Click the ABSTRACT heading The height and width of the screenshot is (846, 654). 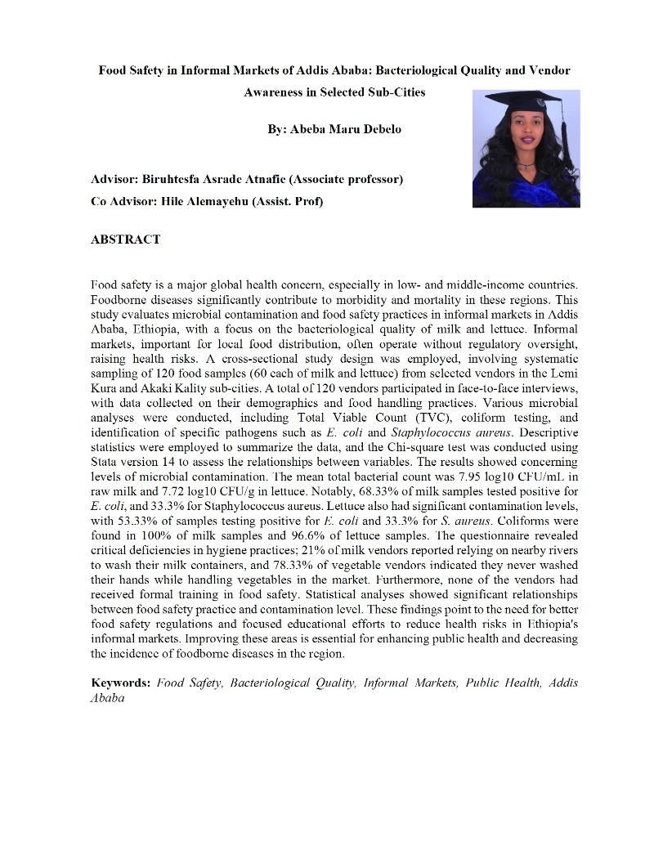125,239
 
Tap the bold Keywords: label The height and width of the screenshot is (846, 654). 121,683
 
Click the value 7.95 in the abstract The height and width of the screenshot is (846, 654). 473,477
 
